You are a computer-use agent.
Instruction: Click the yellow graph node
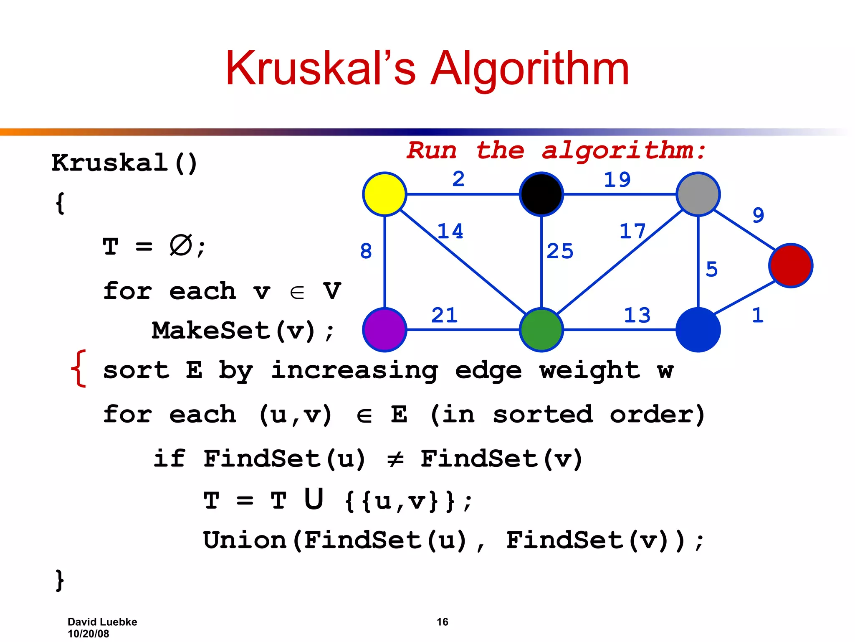click(x=384, y=194)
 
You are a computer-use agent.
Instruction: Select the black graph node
click(x=541, y=194)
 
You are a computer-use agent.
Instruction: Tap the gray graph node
click(x=698, y=194)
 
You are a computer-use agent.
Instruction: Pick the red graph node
click(x=791, y=265)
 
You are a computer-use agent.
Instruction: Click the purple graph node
click(x=384, y=329)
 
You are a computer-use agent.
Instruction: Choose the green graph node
click(x=541, y=329)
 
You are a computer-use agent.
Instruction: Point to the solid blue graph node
click(x=698, y=329)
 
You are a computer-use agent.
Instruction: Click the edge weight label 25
click(x=560, y=251)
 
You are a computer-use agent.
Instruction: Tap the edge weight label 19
click(x=617, y=180)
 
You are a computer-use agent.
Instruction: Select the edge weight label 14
click(x=450, y=231)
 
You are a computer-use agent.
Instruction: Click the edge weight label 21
click(x=444, y=315)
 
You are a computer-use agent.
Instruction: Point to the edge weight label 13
click(x=637, y=315)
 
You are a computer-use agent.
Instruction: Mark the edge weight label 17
click(x=632, y=231)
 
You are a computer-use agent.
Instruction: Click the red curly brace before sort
click(x=79, y=369)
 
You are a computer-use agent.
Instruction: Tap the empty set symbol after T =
click(x=180, y=245)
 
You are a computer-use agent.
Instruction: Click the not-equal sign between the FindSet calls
click(x=395, y=459)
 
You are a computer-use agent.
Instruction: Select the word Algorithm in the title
click(x=529, y=69)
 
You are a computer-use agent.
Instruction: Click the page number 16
click(x=442, y=622)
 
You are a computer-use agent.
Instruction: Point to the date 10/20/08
click(x=88, y=634)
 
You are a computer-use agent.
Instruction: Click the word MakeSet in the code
click(x=211, y=330)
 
